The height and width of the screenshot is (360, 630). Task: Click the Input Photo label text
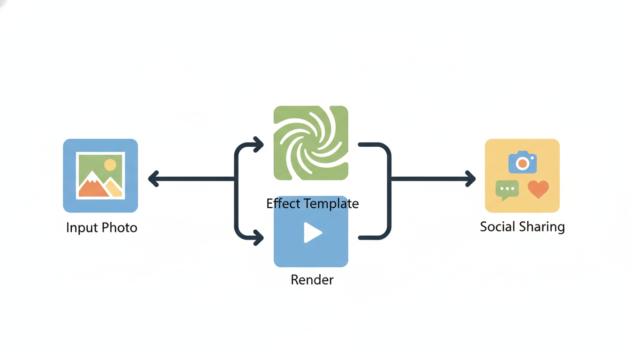[x=102, y=228]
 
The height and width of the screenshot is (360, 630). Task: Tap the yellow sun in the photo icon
[x=110, y=165]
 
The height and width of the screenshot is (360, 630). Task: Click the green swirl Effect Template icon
[x=311, y=143]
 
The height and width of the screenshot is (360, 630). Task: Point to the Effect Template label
[x=312, y=203]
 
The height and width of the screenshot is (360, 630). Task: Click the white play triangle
[x=312, y=232]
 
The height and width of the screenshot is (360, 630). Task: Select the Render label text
[x=312, y=280]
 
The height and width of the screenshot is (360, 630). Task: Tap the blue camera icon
[x=522, y=162]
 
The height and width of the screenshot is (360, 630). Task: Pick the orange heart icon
[x=538, y=189]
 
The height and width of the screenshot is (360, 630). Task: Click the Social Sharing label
[x=522, y=227]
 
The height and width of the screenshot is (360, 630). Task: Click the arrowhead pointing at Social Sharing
[x=471, y=179]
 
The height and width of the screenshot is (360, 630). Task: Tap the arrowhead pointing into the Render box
[x=258, y=238]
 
